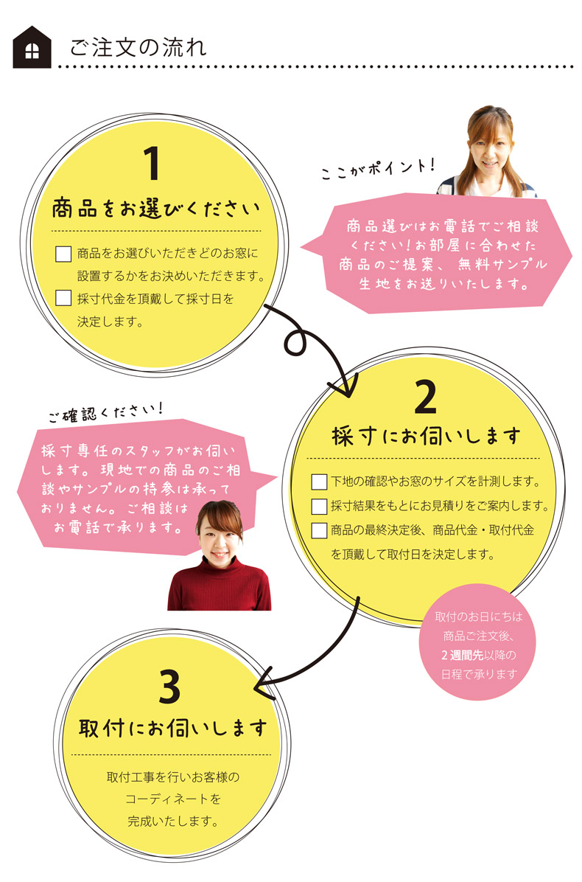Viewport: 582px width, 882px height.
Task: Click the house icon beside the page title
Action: tap(32, 48)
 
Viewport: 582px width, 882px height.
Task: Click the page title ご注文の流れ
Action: tap(138, 48)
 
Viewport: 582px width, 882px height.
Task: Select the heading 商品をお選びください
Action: tap(156, 210)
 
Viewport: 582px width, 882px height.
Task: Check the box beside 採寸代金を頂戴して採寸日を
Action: tap(63, 299)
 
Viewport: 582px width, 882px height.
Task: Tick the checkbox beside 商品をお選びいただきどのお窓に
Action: tap(63, 254)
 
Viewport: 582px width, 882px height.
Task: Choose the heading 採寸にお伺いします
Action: tap(427, 436)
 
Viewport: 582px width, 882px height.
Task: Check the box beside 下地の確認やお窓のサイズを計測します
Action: tap(319, 482)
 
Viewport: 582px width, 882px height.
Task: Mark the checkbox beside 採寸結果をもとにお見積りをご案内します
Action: tap(319, 506)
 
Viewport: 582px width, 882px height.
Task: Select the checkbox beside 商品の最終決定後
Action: tap(319, 529)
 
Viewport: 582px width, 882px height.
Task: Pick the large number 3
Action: tap(169, 688)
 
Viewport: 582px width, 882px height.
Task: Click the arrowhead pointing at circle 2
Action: tap(343, 385)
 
